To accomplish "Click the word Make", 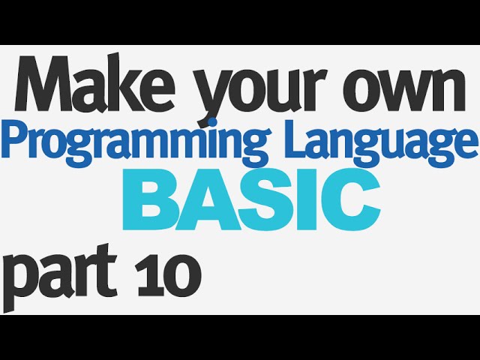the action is point(95,84).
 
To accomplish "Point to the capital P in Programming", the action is point(18,139).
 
